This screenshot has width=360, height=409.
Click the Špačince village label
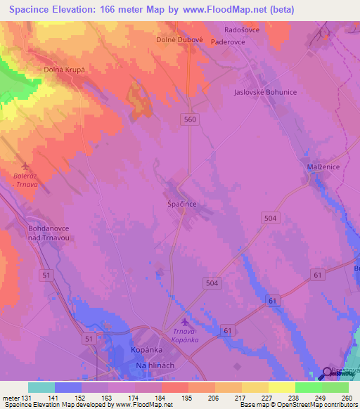pos(182,202)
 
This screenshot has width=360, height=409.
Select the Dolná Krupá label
pos(45,70)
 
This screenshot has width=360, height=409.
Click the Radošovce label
pos(241,30)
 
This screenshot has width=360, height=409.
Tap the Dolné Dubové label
pos(179,40)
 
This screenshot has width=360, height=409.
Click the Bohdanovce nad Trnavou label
pos(51,233)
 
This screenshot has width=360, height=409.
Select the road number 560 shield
pos(191,119)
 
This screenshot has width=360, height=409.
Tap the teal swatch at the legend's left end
pos(41,387)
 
